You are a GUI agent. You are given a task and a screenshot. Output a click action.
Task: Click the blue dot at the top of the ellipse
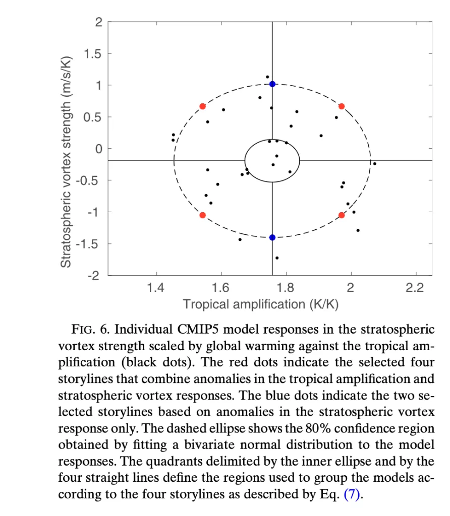pyautogui.click(x=272, y=84)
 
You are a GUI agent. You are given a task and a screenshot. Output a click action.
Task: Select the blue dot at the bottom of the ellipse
pyautogui.click(x=272, y=237)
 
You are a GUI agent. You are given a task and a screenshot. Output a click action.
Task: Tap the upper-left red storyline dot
pyautogui.click(x=202, y=106)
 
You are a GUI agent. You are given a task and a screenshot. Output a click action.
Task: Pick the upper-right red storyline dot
pyautogui.click(x=342, y=106)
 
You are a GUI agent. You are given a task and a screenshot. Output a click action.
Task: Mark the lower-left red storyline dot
pyautogui.click(x=202, y=215)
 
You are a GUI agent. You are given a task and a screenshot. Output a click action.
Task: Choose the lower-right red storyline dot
pyautogui.click(x=342, y=215)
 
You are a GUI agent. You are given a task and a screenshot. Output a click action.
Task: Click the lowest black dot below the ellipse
pyautogui.click(x=277, y=258)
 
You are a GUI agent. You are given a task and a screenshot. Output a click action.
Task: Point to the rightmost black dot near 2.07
pyautogui.click(x=374, y=163)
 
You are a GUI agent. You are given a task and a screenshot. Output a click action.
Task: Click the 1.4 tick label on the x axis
pyautogui.click(x=156, y=288)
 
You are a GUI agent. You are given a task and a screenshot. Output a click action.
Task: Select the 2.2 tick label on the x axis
pyautogui.click(x=416, y=288)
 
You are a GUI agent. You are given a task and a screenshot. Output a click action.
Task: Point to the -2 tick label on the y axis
pyautogui.click(x=95, y=276)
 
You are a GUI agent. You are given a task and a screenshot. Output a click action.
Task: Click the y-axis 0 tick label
pyautogui.click(x=99, y=149)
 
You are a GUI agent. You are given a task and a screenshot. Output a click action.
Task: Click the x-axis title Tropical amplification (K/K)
pyautogui.click(x=260, y=304)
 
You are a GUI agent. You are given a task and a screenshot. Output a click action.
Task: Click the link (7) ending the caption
pyautogui.click(x=353, y=494)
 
